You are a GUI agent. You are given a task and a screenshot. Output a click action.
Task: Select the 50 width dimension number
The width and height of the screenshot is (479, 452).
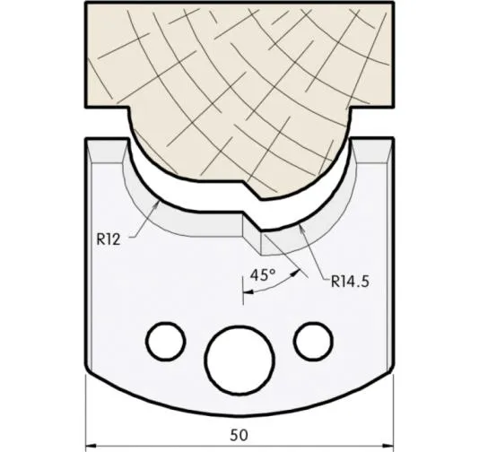[239, 435]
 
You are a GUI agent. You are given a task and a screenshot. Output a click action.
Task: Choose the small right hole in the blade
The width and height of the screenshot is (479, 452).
[313, 340]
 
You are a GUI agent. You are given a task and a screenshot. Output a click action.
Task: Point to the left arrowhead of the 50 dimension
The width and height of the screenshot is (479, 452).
[91, 443]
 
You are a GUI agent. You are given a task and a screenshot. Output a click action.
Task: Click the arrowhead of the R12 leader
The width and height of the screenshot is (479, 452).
[160, 203]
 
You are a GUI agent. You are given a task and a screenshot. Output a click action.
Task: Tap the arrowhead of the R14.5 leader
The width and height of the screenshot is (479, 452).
[303, 227]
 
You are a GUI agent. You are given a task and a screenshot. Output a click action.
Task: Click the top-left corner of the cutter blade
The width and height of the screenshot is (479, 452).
[87, 140]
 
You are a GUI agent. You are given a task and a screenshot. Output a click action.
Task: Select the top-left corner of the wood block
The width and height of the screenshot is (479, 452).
[87, 5]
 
